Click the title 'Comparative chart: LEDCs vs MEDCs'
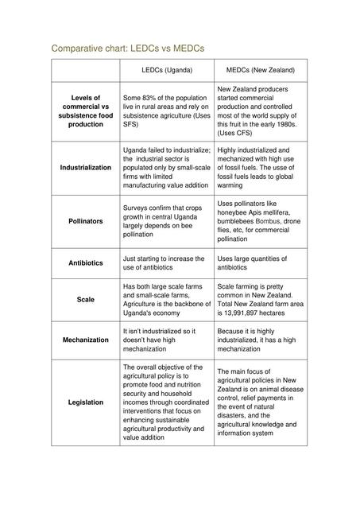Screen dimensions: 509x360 pyautogui.click(x=128, y=49)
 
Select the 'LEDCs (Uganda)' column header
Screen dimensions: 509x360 pyautogui.click(x=167, y=71)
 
